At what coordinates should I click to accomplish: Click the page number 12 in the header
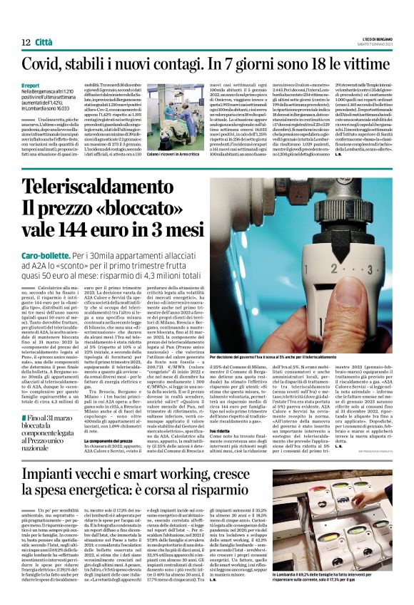pos(26,43)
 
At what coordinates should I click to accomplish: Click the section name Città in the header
pos(44,43)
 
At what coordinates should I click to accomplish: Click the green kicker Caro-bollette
pos(46,254)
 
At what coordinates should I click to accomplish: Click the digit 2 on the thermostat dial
pos(345,270)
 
